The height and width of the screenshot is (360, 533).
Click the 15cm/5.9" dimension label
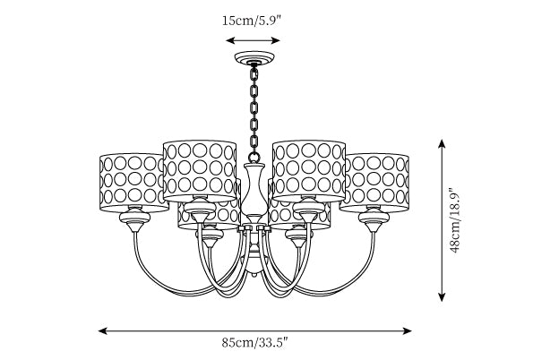252,21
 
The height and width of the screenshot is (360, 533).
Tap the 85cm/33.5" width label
254,342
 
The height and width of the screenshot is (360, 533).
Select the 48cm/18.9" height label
454,219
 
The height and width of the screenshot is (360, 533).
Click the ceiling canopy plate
254,58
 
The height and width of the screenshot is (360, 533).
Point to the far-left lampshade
133,182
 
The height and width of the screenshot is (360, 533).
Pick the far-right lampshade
375,182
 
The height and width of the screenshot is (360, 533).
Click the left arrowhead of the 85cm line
103,330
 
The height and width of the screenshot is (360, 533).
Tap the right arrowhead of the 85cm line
408,330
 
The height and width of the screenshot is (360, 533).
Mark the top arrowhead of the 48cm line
442,144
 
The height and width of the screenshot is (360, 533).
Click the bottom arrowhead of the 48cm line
442,296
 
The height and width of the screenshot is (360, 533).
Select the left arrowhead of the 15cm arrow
230,41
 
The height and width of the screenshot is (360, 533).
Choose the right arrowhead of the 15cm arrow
275,41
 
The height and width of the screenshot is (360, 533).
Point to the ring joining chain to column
254,158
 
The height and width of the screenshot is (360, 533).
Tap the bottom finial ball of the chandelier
254,272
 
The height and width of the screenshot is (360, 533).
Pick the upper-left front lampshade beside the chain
200,171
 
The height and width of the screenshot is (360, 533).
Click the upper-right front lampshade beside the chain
309,171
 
